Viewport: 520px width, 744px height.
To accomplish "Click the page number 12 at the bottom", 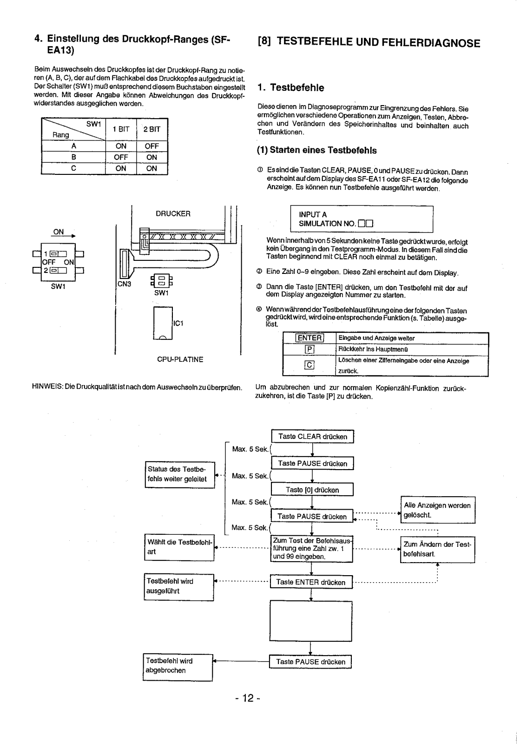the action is (248, 698).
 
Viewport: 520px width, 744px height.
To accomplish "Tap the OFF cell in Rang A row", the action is (151, 146).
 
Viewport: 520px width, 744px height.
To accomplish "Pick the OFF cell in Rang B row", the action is (121, 157).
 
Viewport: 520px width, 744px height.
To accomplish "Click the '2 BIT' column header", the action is (151, 130).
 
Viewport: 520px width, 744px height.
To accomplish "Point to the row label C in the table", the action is (74, 168).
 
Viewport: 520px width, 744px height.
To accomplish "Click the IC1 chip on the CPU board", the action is (163, 323).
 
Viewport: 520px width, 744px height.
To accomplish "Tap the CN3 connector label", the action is (124, 284).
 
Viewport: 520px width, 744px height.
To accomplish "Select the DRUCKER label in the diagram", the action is (173, 213).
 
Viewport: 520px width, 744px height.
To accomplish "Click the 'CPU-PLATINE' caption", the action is (180, 359).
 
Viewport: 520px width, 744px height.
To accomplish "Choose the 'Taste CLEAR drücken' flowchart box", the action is (313, 437).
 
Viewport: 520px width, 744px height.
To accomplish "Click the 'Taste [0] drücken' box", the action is (312, 490).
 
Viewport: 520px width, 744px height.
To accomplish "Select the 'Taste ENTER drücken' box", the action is (311, 582).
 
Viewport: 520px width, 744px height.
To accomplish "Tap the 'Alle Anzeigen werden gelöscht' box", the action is (438, 510).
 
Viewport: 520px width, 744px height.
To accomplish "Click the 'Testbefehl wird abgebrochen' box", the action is (178, 667).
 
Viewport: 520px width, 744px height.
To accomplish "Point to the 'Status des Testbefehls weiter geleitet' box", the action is (180, 475).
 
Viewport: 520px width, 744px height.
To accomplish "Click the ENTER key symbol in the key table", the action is (309, 338).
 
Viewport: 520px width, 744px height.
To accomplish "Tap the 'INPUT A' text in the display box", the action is (313, 214).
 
